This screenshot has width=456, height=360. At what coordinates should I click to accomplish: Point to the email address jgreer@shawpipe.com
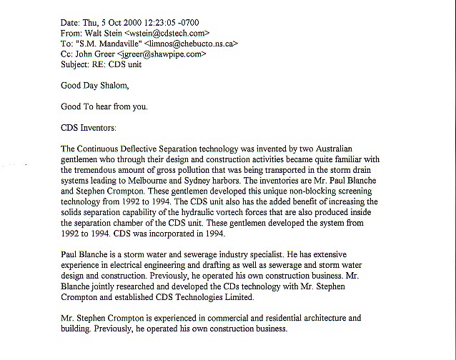click(x=165, y=53)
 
